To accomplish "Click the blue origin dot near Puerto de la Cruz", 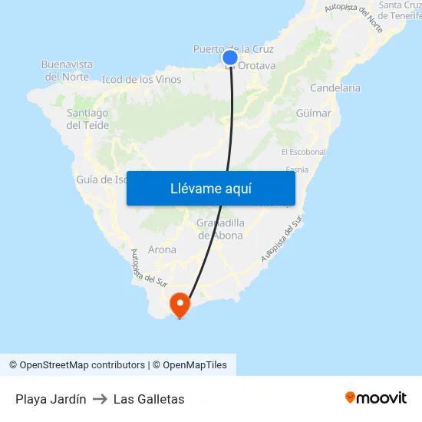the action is (230, 57).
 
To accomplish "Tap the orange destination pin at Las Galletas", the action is (180, 304).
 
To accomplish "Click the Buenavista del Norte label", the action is (67, 71).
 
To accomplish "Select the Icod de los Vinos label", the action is (141, 79).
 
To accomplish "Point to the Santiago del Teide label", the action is (87, 119).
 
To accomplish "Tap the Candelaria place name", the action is (335, 87).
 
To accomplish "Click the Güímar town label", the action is (313, 113).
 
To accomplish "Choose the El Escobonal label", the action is (303, 152).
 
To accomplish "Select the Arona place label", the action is (162, 249).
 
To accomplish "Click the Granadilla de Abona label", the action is (220, 229).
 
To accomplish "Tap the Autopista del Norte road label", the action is (354, 17).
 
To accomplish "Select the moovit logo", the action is (375, 398).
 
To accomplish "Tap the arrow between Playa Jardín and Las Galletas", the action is (100, 399).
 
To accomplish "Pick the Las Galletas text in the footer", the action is (149, 399).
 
